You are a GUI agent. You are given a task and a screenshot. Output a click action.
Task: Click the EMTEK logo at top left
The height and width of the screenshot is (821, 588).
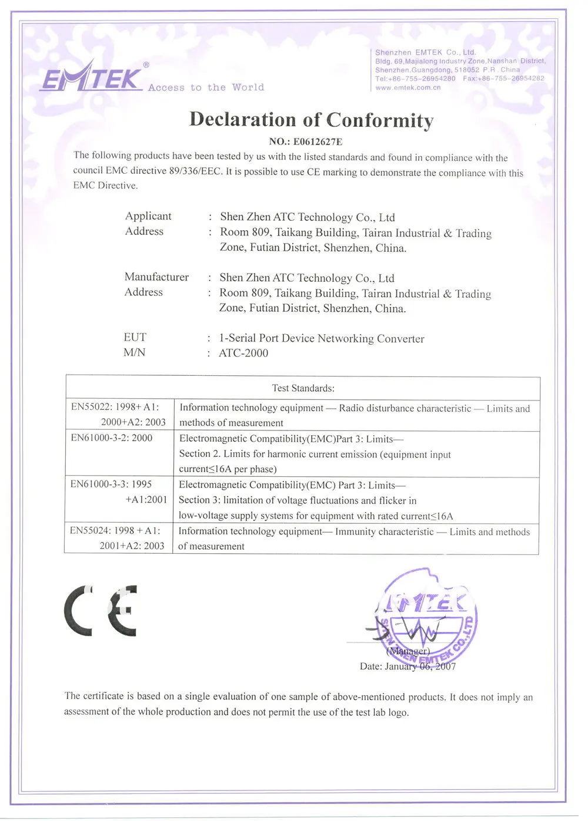click(93, 78)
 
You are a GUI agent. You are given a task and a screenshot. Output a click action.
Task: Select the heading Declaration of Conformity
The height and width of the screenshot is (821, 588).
click(311, 120)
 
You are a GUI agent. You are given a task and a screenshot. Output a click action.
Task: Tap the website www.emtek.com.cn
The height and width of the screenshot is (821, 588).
click(408, 88)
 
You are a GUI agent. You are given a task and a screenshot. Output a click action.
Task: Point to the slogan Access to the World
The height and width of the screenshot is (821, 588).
click(206, 88)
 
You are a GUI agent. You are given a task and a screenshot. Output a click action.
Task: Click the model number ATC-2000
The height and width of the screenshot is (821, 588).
click(243, 353)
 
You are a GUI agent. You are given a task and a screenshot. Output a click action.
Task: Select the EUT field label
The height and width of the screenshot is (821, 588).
click(135, 337)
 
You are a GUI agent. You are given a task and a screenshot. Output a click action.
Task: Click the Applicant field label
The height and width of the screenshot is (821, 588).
click(148, 216)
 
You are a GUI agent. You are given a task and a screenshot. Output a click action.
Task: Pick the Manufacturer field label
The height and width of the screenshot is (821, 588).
click(156, 277)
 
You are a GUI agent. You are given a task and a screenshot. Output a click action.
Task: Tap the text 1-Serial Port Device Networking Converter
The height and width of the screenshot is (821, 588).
click(321, 338)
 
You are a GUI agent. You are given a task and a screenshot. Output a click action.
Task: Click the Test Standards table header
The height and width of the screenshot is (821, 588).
click(303, 388)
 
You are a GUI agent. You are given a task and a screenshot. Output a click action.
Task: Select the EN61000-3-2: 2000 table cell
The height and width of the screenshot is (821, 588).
click(112, 438)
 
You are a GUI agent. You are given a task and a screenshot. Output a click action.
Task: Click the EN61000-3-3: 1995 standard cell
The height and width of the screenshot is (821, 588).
click(111, 484)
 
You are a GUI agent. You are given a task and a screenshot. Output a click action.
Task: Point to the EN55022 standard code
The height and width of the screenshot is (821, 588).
click(91, 407)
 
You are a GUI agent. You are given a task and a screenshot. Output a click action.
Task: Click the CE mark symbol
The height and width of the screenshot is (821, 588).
click(101, 611)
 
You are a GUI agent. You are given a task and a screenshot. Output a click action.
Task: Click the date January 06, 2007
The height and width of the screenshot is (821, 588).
click(420, 666)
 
